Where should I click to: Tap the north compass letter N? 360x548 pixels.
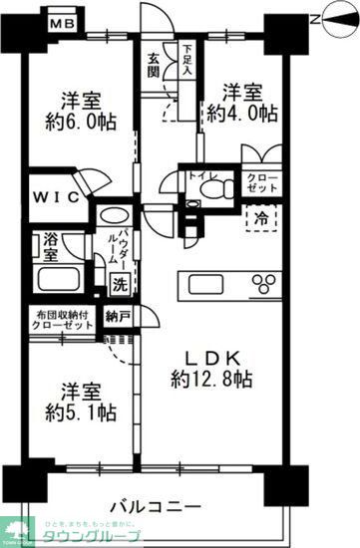coord(317,17)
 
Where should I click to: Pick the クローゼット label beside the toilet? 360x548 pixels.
coord(261,182)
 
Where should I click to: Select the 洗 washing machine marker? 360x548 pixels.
coord(117,282)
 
